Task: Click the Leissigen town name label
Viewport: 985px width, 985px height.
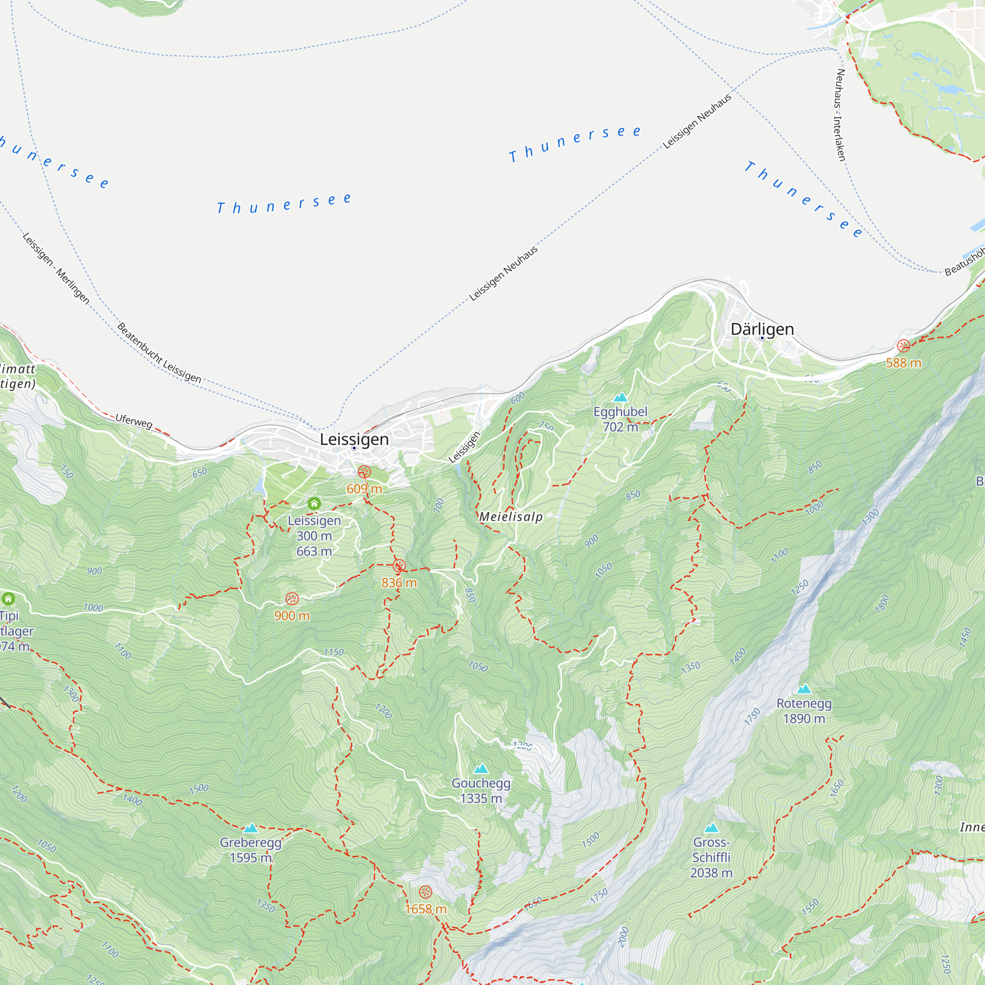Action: [354, 439]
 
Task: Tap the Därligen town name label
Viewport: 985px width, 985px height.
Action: [762, 329]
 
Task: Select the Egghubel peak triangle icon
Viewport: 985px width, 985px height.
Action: [620, 397]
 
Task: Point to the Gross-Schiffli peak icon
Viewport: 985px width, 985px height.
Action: [711, 827]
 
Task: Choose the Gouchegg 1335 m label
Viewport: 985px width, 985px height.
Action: [480, 790]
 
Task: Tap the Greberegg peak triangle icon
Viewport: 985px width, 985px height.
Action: [250, 828]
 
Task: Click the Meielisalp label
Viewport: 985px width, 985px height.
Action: [511, 517]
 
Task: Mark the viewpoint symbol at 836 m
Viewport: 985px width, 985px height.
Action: [399, 565]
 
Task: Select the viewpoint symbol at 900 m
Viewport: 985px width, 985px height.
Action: [292, 598]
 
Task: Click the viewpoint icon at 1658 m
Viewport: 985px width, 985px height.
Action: [425, 892]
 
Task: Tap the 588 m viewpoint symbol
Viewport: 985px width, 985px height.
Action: [903, 346]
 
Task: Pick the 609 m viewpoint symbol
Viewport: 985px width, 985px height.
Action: [364, 472]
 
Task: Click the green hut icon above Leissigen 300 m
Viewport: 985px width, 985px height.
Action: [314, 504]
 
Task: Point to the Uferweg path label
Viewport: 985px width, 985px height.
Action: [133, 421]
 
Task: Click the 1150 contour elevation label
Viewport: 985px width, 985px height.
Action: [333, 652]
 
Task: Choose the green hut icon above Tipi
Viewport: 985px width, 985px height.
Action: [8, 598]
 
